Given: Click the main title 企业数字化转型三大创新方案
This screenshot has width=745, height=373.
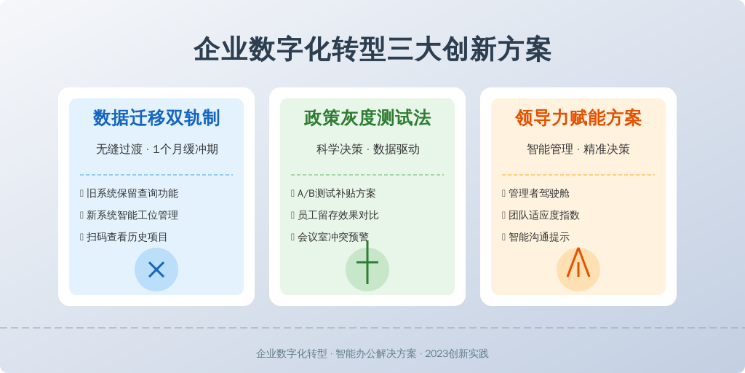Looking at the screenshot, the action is point(372,50).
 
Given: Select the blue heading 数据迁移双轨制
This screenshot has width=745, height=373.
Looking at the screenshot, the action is point(156,118).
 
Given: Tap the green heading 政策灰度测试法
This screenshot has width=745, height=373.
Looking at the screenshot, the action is point(367,118).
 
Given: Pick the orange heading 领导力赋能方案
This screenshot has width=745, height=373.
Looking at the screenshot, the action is point(578,118).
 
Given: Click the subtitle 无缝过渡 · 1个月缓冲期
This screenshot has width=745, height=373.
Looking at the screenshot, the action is point(157,149).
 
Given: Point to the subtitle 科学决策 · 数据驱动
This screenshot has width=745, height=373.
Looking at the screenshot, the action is point(367,149).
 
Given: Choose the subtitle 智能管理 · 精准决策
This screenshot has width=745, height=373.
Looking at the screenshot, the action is point(578,149).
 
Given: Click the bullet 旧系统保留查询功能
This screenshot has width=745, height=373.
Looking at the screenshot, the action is point(132,194).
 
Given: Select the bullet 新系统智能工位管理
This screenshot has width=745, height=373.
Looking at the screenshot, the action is point(132,215).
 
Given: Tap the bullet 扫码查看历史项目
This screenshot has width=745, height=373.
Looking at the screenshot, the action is point(127,237).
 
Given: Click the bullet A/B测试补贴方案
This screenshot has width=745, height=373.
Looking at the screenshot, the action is point(336,194).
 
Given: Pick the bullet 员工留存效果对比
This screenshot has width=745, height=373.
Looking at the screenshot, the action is point(338,215).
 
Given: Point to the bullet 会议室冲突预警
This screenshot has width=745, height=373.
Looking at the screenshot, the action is point(333,237).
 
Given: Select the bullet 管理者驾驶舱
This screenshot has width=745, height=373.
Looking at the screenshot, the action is point(539,194).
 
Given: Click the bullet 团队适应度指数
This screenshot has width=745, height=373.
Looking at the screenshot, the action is point(544,215).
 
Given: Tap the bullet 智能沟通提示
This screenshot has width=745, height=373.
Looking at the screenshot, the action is point(539,237).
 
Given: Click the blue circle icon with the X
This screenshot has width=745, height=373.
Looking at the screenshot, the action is point(156,270).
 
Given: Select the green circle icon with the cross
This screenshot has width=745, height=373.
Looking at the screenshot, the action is point(367,270).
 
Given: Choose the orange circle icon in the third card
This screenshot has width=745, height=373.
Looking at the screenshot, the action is point(578,270).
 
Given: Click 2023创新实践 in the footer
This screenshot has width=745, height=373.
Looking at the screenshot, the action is point(457,354).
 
